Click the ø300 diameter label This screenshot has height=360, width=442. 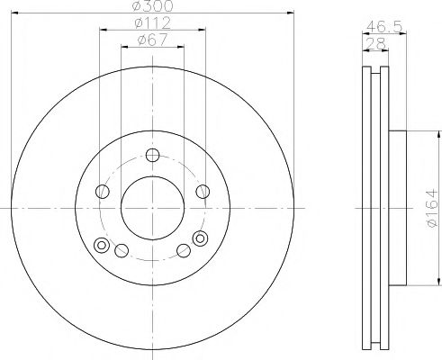point(151,7)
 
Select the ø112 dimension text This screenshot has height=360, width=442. point(151,23)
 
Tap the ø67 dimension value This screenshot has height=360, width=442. point(151,40)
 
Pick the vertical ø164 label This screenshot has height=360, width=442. point(429,207)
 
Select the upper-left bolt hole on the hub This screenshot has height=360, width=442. point(103,191)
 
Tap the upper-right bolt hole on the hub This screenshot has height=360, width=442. point(202,191)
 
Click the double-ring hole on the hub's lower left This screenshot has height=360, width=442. point(102,246)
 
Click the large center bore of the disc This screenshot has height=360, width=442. point(152,208)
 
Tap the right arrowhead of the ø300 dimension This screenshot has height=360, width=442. point(292,13)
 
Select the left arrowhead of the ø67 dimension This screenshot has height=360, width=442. point(124,45)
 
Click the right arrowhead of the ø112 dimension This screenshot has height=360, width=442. point(203,29)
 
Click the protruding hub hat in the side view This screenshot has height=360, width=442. point(398,207)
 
